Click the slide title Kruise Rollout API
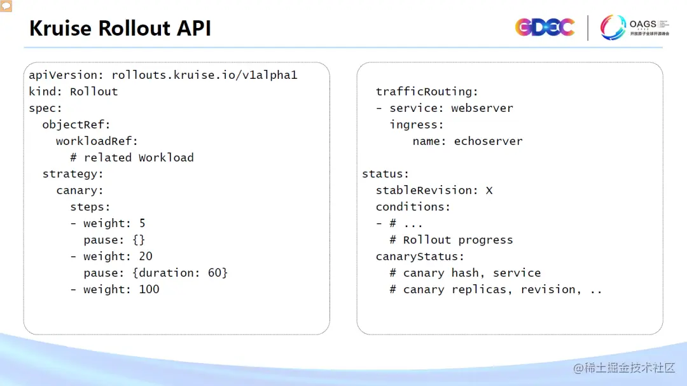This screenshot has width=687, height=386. tap(120, 29)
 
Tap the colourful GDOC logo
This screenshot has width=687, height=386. tap(545, 27)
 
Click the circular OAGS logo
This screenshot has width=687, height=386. tap(613, 27)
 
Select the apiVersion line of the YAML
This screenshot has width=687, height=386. tap(163, 75)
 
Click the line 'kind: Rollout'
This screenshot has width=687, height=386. tap(73, 92)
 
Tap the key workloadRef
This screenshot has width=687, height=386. tap(97, 141)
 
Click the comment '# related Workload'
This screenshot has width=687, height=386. tap(132, 158)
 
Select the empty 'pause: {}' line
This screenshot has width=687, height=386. tap(114, 240)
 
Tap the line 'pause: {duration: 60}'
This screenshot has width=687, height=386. tap(155, 273)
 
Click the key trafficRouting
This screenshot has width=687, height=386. tap(427, 92)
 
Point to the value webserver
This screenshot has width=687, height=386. tap(482, 108)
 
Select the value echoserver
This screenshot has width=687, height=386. tap(488, 141)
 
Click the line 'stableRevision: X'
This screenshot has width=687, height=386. tap(434, 190)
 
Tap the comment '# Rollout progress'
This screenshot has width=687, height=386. tap(451, 240)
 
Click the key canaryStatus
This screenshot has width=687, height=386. tap(420, 256)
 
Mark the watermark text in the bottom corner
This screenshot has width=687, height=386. tap(623, 368)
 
